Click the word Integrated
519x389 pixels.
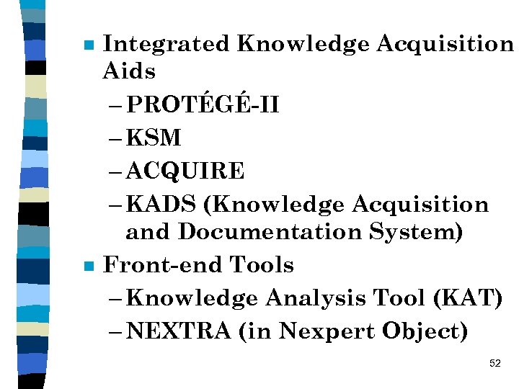(x=166, y=44)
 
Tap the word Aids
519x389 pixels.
(x=129, y=71)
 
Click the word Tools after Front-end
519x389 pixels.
(x=262, y=265)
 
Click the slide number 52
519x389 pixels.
(x=494, y=363)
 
